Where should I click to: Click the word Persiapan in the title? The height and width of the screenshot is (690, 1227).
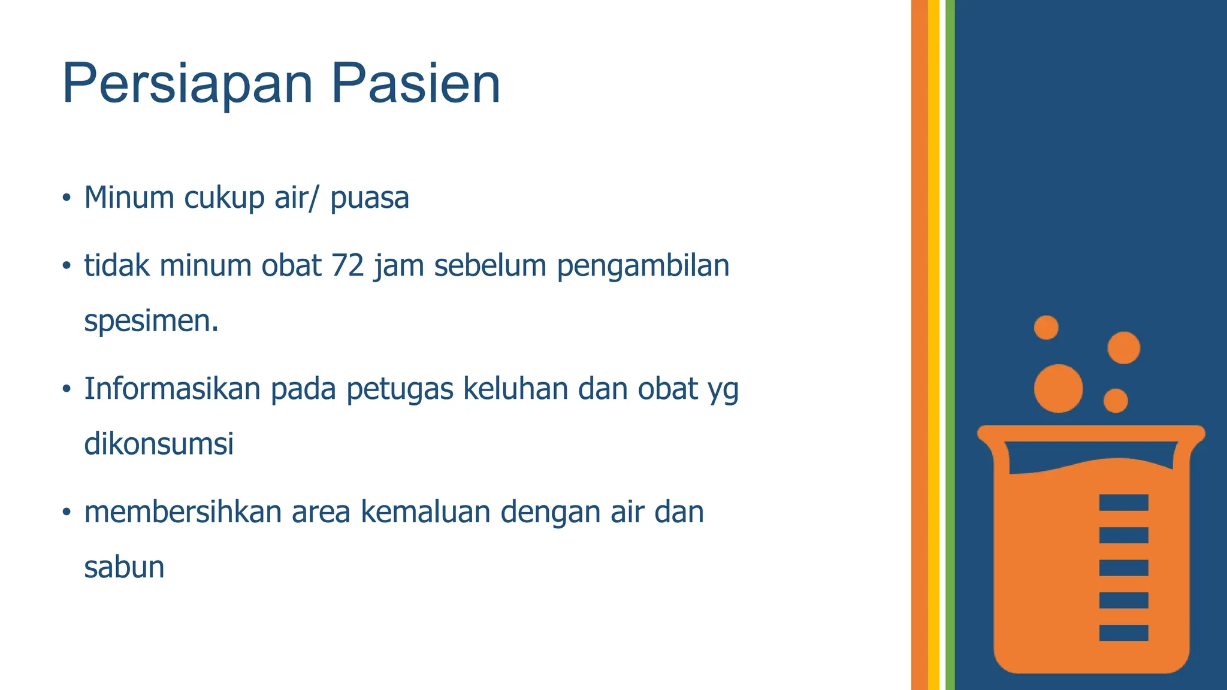coord(188,84)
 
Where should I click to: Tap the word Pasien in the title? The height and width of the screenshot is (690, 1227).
coord(415,84)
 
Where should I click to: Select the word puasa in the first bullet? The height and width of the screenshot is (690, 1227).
coord(369,198)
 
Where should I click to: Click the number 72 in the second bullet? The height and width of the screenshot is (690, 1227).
coord(347,265)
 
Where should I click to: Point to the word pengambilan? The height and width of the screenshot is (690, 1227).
coord(643,267)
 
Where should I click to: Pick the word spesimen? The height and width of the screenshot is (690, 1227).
coord(151,321)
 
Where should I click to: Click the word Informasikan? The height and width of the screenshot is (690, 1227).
coord(172,389)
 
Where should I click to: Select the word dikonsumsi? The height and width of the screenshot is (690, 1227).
coord(159,444)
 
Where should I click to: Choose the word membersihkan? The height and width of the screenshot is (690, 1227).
coord(183,512)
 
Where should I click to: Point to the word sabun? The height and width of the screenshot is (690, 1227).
coord(124,567)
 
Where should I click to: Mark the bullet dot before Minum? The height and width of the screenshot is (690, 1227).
coord(67,198)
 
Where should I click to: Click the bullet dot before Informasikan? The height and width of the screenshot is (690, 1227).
coord(67,389)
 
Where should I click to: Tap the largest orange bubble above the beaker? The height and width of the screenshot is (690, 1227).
coord(1058,389)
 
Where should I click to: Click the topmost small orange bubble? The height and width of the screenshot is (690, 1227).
coord(1046,328)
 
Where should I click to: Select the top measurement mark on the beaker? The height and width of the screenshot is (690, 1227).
coord(1123,503)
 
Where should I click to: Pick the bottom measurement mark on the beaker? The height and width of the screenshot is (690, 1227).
coord(1123,632)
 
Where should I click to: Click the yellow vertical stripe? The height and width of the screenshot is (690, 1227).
coord(933,345)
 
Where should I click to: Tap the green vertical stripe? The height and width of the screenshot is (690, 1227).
coord(950,345)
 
